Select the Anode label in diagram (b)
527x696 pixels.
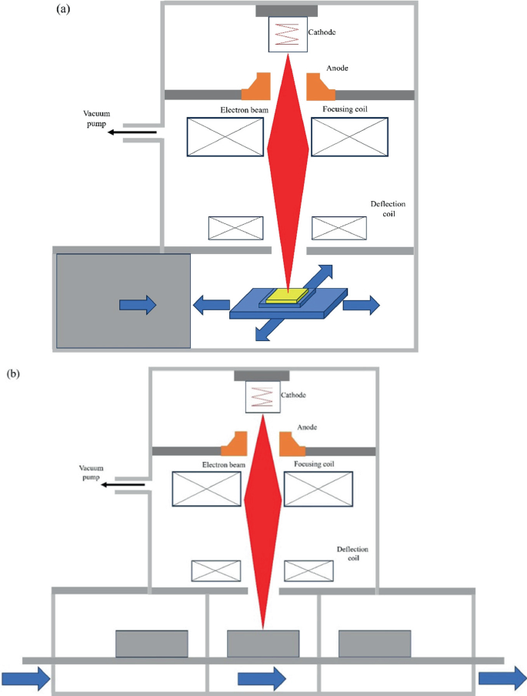pos(307,427)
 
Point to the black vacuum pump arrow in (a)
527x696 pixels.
pos(132,132)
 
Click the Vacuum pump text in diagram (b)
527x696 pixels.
pos(90,472)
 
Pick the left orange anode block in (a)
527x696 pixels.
pos(256,87)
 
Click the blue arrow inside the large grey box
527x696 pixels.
pos(138,305)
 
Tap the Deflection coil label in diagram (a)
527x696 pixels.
pos(387,209)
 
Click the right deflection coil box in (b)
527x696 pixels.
pos(309,570)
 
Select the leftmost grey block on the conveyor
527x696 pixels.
pos(152,644)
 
